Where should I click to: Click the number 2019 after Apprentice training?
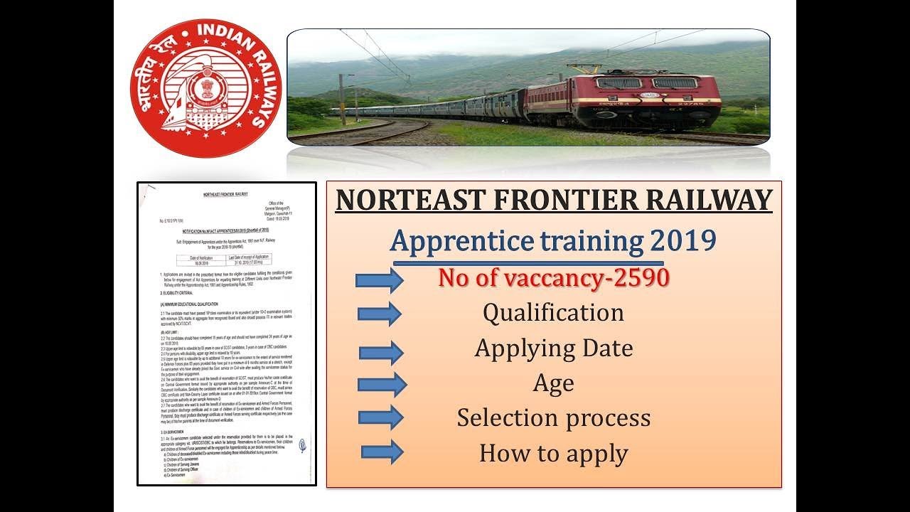[x=682, y=241]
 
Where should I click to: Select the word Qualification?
[x=553, y=312]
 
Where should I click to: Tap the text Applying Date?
[x=553, y=348]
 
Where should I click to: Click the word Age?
[x=553, y=384]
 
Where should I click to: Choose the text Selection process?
[x=553, y=417]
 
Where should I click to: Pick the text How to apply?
[x=553, y=453]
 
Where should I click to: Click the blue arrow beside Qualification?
[x=380, y=314]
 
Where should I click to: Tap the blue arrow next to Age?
[x=382, y=385]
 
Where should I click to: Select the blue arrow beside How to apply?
[x=382, y=452]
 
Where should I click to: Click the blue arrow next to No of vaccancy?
[x=379, y=280]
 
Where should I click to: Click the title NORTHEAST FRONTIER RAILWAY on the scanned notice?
[x=227, y=195]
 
